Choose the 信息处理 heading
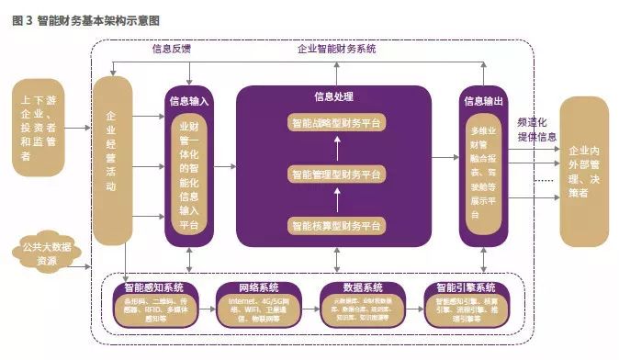pos(333,96)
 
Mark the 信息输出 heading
pos(483,100)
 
